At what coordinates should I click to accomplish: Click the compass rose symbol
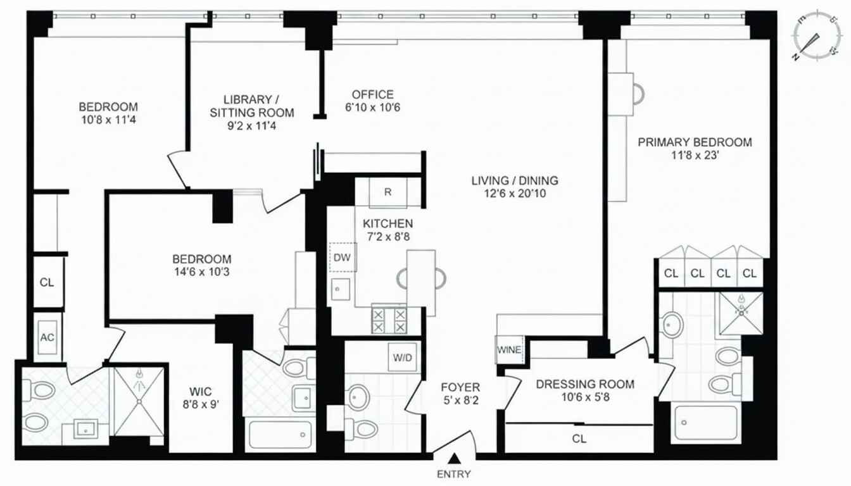point(816,35)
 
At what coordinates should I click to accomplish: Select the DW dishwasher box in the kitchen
point(343,258)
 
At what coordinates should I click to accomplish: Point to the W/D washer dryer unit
point(402,358)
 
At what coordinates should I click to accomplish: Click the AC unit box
point(47,337)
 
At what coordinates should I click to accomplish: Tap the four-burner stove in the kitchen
point(389,320)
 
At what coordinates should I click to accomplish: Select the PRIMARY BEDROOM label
point(695,142)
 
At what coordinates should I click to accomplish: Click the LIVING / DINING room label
point(514,181)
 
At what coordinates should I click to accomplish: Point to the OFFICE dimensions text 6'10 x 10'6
point(372,108)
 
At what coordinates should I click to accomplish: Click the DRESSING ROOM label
point(584,384)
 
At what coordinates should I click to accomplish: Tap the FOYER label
point(460,387)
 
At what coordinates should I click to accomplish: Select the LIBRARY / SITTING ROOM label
point(249,106)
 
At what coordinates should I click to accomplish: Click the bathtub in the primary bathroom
point(706,422)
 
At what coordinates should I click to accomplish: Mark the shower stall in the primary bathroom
point(739,313)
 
